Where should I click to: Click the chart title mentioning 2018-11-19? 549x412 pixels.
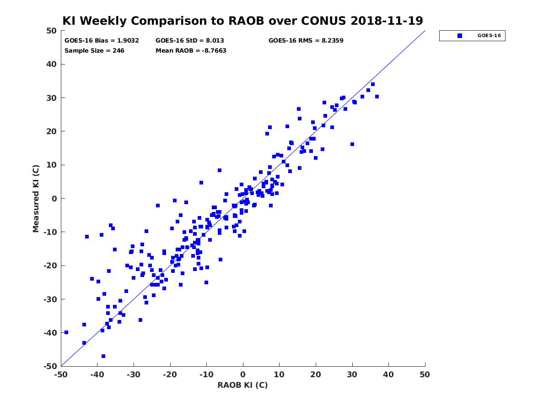coord(242,21)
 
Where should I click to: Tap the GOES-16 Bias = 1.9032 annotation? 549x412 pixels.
coord(102,41)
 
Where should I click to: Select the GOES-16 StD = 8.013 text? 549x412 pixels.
coord(189,41)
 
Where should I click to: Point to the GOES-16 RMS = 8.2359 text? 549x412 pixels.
coord(306,41)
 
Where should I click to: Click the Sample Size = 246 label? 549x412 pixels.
coord(94,50)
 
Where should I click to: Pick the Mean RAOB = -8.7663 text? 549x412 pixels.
coord(191,50)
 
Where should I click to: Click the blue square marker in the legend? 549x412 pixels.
coord(459,36)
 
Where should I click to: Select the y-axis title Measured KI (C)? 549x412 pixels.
coord(36,198)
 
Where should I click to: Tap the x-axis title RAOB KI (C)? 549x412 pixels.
coord(242,385)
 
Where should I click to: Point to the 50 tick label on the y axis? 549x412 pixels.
coord(52,31)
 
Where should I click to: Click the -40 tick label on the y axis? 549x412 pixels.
coord(50,333)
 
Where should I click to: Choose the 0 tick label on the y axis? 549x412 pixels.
coord(54,199)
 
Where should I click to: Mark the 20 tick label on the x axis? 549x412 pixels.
coord(315,374)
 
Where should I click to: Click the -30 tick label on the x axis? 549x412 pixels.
coord(133,374)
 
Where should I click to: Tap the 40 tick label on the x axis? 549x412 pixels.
coord(388,374)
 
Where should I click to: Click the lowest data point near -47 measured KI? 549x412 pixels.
coord(103,356)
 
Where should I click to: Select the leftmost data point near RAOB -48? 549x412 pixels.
coord(66,332)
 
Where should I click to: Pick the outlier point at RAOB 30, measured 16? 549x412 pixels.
coord(352,144)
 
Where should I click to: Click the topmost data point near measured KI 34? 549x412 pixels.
coord(373,84)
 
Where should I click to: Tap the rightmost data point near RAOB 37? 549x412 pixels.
coord(377,97)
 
